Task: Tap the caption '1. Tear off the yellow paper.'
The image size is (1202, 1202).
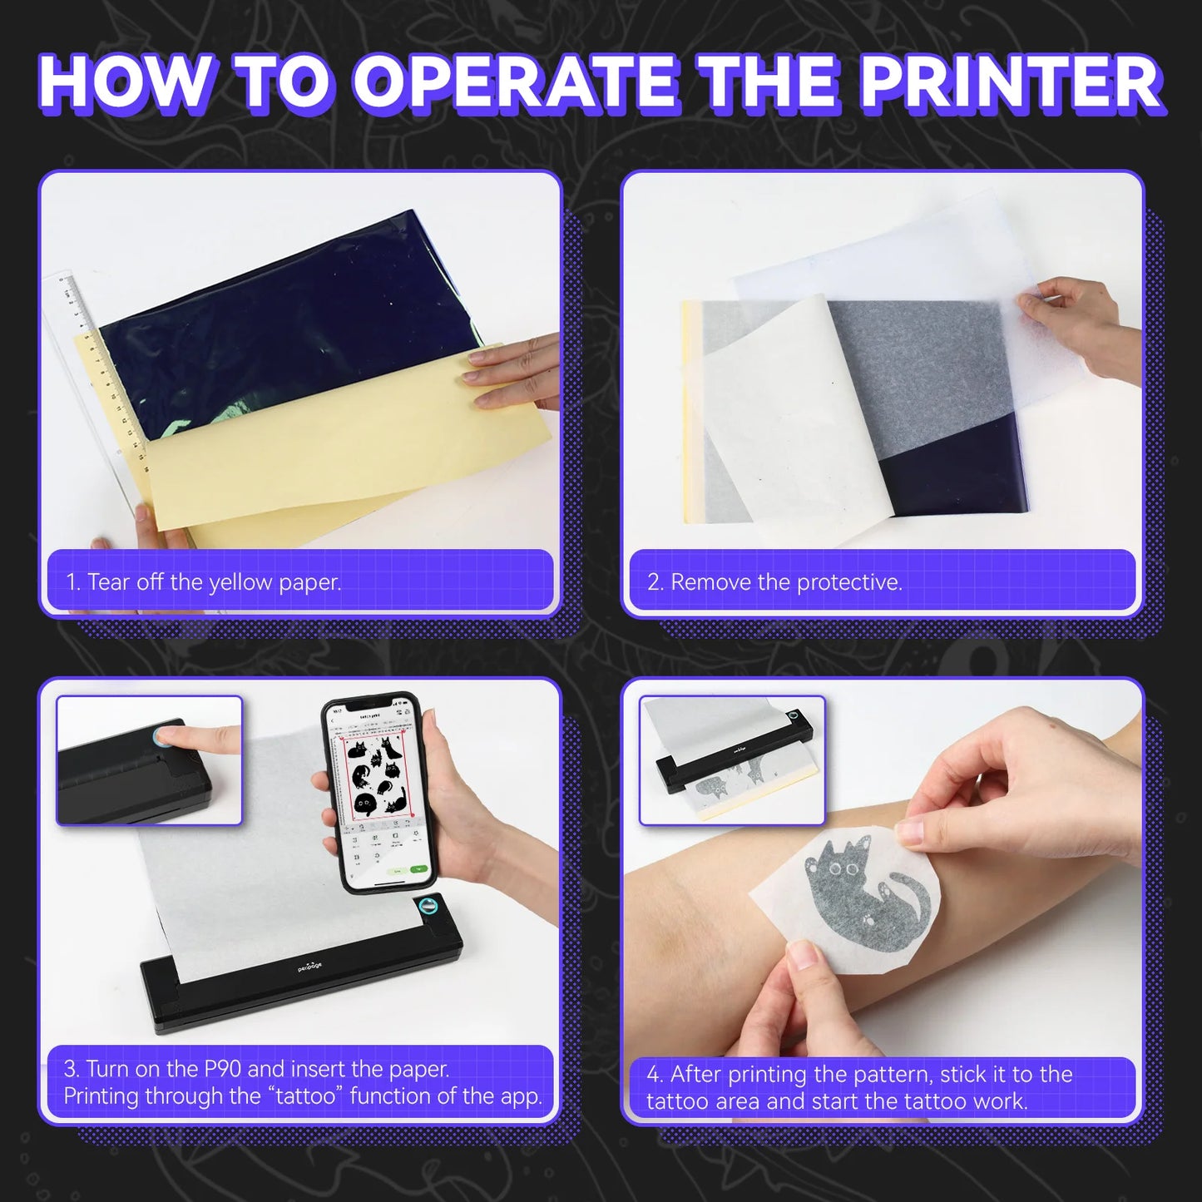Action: (204, 582)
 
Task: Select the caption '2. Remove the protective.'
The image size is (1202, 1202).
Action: (774, 582)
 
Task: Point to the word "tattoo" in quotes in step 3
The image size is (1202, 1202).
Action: (305, 1096)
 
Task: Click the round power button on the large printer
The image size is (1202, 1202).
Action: (428, 907)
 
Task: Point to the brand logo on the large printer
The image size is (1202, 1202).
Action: (310, 967)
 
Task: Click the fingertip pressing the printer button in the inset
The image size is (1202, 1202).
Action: (166, 736)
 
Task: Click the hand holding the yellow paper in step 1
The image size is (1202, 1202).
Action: (507, 378)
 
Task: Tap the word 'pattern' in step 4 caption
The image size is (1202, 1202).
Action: (897, 1075)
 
